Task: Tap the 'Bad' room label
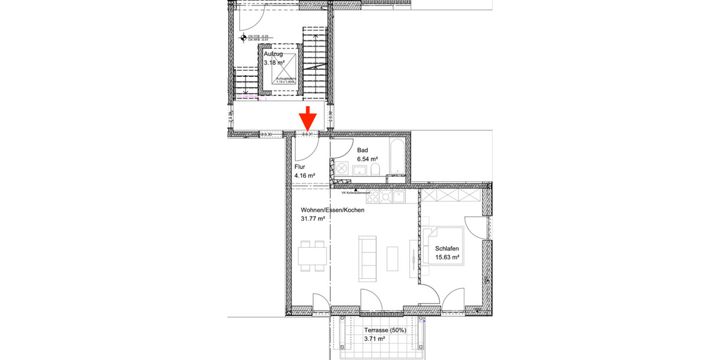pos(362,150)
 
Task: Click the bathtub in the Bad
pos(396,158)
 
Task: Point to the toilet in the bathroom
pos(375,172)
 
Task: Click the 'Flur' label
pos(300,167)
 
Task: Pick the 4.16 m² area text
pos(305,176)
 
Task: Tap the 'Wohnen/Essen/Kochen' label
pos(332,211)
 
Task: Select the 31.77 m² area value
pos(313,220)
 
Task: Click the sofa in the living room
pos(367,258)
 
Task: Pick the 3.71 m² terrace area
pos(374,339)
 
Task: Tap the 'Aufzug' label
pos(273,54)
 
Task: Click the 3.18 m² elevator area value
pos(276,62)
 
